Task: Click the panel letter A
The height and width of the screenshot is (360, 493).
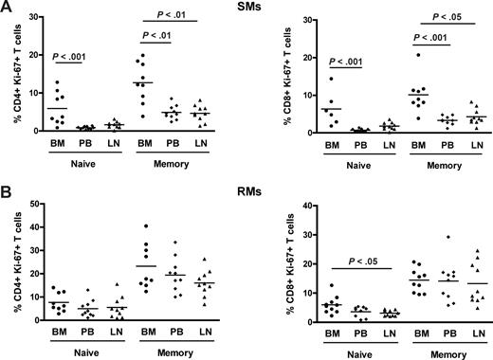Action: (8, 9)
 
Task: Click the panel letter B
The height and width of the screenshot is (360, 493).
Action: (8, 190)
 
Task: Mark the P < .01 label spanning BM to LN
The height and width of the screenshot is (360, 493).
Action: (176, 16)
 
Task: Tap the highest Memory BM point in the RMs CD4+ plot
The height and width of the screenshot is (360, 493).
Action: (143, 226)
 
